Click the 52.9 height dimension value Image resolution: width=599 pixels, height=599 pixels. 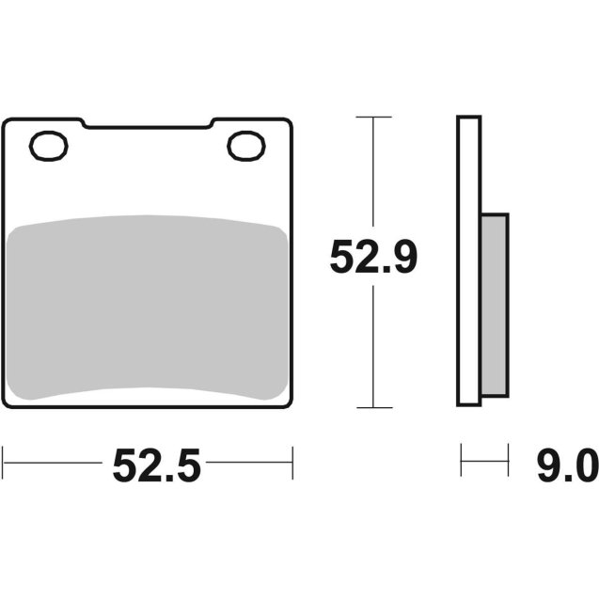373,258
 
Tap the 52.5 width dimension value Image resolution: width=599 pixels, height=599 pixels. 157,464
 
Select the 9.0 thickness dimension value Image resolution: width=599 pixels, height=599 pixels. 568,464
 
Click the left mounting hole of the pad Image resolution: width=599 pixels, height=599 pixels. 49,146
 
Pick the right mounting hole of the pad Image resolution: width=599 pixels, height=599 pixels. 246,146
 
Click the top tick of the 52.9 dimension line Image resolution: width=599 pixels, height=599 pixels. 374,117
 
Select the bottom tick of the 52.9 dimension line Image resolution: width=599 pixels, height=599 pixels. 374,407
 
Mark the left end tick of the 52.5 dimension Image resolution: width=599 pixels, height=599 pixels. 4,463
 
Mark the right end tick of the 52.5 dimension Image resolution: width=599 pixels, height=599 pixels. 292,463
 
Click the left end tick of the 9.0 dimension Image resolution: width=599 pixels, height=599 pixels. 461,463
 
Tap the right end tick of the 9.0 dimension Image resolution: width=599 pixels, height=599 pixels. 508,463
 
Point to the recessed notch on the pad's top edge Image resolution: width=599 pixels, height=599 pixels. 147,125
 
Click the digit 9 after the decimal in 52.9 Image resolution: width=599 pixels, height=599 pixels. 402,258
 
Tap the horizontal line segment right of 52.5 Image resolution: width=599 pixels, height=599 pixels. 250,463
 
